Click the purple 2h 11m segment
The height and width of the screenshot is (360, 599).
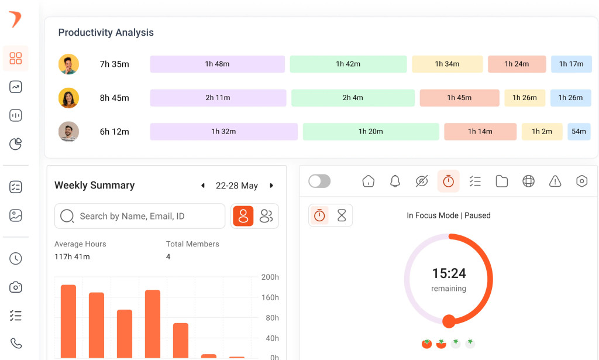[x=218, y=98]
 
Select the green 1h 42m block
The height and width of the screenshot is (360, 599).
[x=348, y=64]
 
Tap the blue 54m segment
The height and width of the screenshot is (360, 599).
[x=579, y=132]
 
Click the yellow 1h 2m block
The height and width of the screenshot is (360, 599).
[x=542, y=132]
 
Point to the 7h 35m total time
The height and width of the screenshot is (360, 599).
[x=114, y=64]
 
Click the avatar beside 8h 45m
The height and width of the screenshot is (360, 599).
[x=68, y=98]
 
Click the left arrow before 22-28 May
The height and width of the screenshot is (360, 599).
[x=203, y=186]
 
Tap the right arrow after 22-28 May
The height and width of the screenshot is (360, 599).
[x=271, y=186]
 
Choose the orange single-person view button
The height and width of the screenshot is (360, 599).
[x=243, y=216]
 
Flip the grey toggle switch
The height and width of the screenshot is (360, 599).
[x=319, y=181]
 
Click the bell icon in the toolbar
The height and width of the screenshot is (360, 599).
[x=395, y=181]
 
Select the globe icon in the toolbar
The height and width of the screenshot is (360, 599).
[x=528, y=181]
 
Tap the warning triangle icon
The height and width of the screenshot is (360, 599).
[x=555, y=181]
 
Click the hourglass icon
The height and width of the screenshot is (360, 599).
[x=342, y=215]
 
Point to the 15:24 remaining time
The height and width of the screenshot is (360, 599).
[x=449, y=273]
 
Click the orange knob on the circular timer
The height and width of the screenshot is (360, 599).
[x=449, y=321]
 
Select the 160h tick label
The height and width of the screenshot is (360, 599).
[x=270, y=297]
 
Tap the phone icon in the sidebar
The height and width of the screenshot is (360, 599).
[x=16, y=343]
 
